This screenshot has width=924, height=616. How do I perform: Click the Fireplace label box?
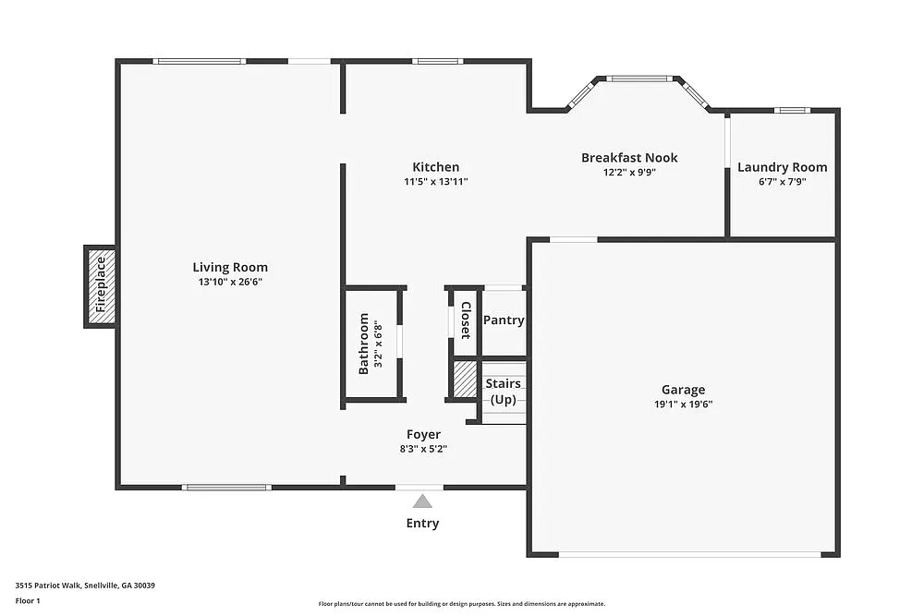point(101,285)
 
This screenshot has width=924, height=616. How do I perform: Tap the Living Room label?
point(230,268)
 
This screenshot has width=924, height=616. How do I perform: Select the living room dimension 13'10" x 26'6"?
point(230,282)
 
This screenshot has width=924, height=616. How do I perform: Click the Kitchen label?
point(435,167)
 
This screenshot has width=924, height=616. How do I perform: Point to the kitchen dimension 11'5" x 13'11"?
point(435,181)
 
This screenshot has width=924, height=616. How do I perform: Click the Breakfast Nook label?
point(629,158)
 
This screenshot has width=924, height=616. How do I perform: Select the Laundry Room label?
point(782,167)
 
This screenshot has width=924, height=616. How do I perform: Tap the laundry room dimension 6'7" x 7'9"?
point(782,181)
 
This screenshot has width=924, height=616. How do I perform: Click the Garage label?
point(683,390)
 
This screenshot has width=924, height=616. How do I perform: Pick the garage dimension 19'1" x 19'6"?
point(683,404)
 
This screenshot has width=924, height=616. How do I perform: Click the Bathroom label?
point(363,344)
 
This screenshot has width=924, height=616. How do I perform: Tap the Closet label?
point(466,320)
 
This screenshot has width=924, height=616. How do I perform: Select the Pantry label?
point(504,320)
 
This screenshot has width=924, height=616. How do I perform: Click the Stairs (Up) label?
point(504,391)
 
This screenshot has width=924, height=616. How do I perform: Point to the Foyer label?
point(423,434)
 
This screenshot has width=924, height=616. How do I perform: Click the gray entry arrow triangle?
point(422,501)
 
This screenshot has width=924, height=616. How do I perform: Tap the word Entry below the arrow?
point(422,524)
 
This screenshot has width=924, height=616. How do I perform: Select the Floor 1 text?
point(28,600)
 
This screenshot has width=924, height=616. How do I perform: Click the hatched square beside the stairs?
point(464,379)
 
